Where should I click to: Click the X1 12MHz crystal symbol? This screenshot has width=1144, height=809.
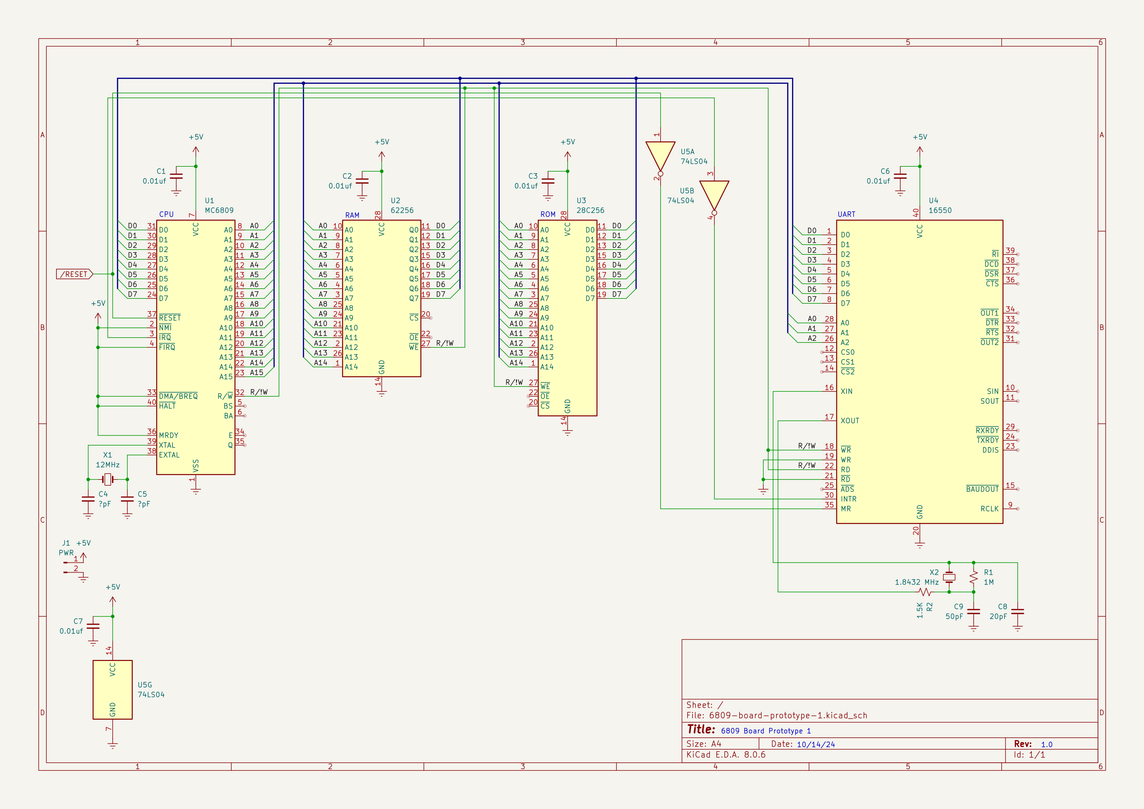click(108, 479)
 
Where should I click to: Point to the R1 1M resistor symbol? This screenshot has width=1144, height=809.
click(973, 577)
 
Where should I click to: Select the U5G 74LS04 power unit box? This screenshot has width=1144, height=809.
click(113, 689)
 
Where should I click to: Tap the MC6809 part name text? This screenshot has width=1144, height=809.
click(219, 210)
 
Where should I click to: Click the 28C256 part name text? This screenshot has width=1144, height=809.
click(590, 210)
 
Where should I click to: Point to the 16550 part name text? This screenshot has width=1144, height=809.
click(940, 210)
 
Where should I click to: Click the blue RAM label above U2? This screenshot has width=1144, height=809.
click(352, 215)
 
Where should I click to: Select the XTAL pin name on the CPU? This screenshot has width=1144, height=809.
click(167, 445)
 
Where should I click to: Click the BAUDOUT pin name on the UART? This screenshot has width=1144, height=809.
click(982, 489)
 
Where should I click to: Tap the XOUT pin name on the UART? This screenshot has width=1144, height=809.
click(849, 421)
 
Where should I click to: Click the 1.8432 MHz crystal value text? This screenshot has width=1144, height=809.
click(916, 582)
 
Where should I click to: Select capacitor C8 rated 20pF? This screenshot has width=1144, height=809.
click(1017, 611)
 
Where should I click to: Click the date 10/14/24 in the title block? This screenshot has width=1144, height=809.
click(816, 744)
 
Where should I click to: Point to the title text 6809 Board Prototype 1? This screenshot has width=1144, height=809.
click(766, 731)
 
